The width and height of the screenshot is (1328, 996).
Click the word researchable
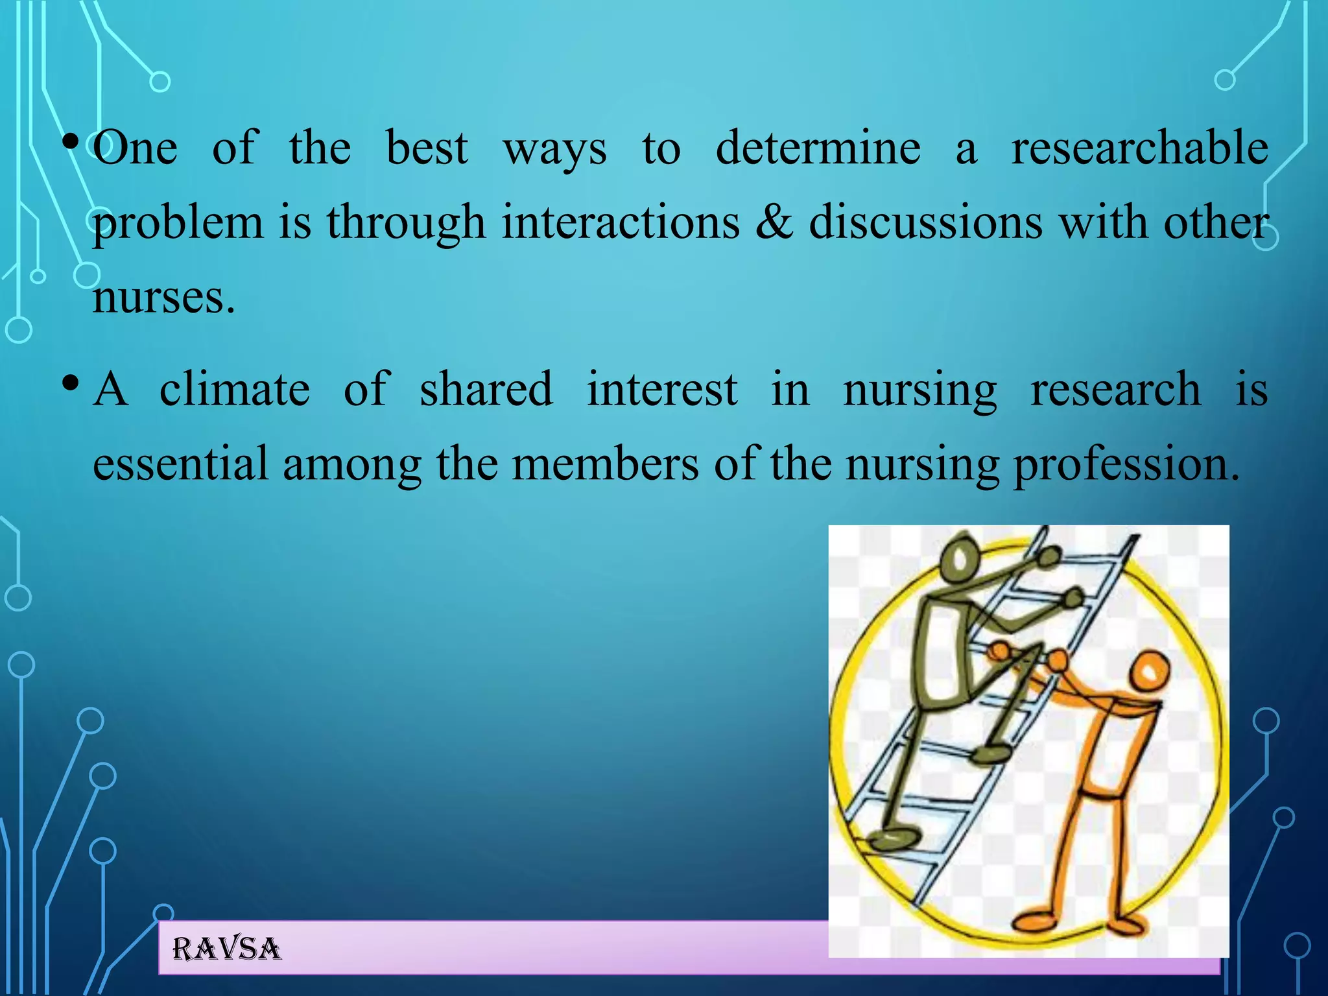pyautogui.click(x=1139, y=148)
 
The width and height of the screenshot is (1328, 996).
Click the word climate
pyautogui.click(x=234, y=389)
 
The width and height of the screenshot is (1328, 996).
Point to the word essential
pyautogui.click(x=180, y=464)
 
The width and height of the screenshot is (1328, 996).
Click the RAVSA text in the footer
pyautogui.click(x=226, y=949)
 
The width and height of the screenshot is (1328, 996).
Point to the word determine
pyautogui.click(x=818, y=148)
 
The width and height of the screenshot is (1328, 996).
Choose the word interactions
pyautogui.click(x=621, y=222)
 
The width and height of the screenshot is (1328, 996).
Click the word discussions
pyautogui.click(x=926, y=222)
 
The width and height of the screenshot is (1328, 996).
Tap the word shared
pyautogui.click(x=486, y=389)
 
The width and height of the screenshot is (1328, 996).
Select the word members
pyautogui.click(x=605, y=464)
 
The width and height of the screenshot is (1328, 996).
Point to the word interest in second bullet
pyautogui.click(x=661, y=389)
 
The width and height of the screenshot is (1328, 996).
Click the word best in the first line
pyautogui.click(x=426, y=148)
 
